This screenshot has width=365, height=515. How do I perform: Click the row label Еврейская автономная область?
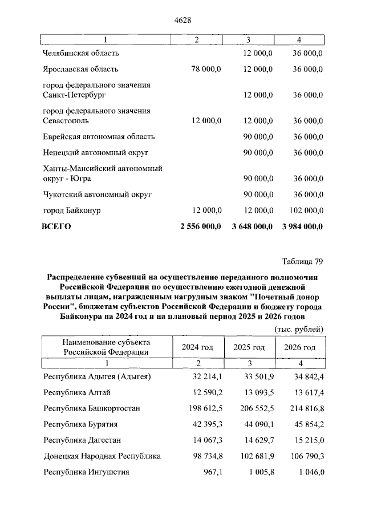(99, 137)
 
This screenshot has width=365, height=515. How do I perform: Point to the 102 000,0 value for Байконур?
(302, 210)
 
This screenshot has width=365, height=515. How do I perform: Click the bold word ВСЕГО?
(56, 226)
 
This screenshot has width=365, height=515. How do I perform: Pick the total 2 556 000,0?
(200, 226)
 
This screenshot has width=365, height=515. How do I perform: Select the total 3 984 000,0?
(302, 226)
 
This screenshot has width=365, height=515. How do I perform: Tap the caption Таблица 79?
(302, 262)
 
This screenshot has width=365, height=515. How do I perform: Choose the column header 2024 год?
(197, 347)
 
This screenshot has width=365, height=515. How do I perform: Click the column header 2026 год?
(300, 347)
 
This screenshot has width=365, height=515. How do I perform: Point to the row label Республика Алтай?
(76, 392)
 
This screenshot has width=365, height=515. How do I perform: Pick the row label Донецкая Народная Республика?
(102, 456)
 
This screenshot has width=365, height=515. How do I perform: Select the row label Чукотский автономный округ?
(97, 194)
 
